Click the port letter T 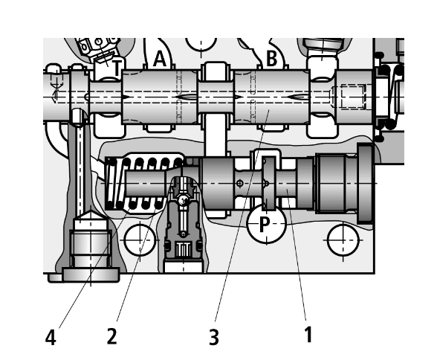pos(117,68)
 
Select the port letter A pos(160,59)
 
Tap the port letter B pos(272,59)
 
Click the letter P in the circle pos(265,224)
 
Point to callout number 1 pos(308,335)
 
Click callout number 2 pos(111,335)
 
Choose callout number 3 pos(214,337)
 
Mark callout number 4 pos(51,337)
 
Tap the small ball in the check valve pos(183,199)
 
